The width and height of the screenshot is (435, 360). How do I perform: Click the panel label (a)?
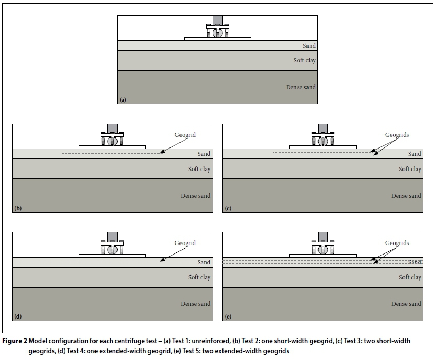pos(123,99)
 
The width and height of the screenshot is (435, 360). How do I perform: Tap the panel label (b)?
pos(18,208)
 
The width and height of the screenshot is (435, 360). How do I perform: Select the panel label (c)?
pos(228,208)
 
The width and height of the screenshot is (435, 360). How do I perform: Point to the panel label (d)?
pos(18,316)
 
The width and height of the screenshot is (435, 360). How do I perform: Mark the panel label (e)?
pos(228,316)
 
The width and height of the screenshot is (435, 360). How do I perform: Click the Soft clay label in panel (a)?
pos(304,60)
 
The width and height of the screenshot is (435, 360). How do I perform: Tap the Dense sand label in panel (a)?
pos(301,87)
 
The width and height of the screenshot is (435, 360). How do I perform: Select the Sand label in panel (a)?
pos(309,46)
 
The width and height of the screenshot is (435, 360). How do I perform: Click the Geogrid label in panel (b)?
pos(185,135)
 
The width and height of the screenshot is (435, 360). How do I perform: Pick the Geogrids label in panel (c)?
pos(396,135)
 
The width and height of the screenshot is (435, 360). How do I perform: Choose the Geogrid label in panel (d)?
pos(185,243)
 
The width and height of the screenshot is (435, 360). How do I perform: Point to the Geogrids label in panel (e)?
pos(396,243)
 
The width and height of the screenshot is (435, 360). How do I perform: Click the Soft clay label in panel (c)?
pos(410,169)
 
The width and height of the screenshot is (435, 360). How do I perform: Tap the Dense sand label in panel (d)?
pos(195,304)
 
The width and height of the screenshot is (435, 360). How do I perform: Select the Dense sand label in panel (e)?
pos(406,304)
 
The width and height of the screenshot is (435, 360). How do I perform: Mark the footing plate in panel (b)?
pos(112,146)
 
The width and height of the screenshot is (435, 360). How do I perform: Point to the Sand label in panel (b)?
pos(204,154)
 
